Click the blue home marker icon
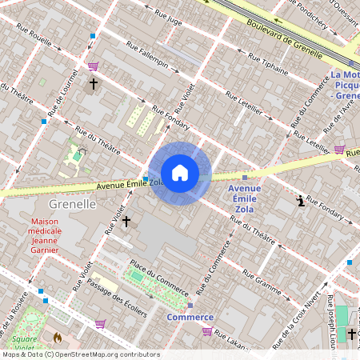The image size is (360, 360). [180, 174]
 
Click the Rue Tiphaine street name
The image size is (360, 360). [266, 65]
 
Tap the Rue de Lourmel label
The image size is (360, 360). [58, 98]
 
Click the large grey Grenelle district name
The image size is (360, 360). [72, 204]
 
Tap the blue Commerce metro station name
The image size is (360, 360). [190, 317]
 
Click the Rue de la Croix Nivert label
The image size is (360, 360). [313, 309]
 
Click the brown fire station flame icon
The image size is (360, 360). [58, 338]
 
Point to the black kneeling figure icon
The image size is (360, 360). [301, 201]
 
